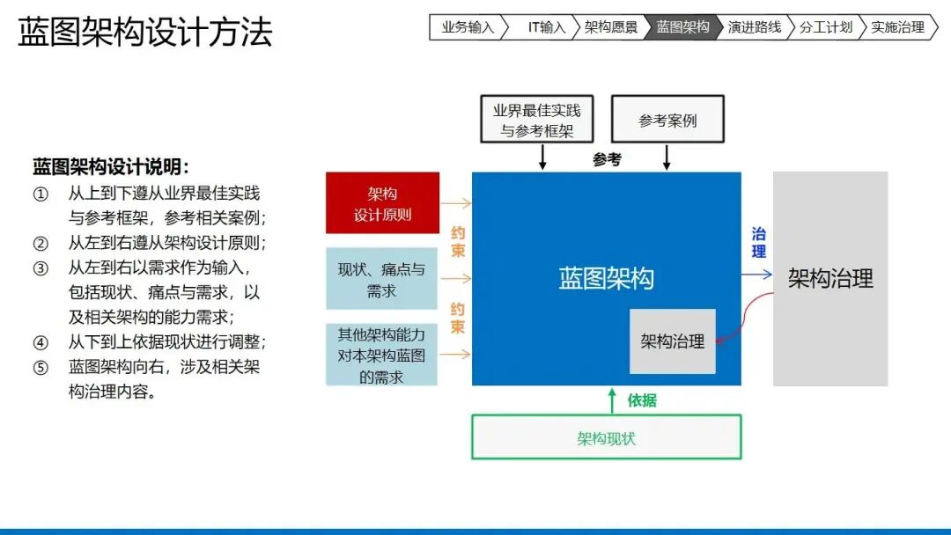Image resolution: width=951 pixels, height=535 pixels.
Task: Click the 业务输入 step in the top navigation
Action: tap(468, 27)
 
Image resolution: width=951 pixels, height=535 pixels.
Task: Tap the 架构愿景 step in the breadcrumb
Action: tap(611, 27)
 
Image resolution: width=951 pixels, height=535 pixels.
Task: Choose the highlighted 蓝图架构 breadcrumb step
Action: tap(682, 27)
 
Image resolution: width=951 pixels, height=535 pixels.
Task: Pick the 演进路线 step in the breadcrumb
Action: tap(754, 27)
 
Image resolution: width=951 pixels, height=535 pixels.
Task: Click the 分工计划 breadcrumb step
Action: tap(825, 27)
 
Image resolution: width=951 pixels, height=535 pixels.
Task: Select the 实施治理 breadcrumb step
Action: tap(897, 27)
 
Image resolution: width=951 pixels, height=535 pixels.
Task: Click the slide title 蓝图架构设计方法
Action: tap(145, 32)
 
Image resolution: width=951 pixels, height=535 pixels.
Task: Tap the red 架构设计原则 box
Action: tap(383, 203)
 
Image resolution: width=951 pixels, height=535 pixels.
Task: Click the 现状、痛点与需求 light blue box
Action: tap(381, 279)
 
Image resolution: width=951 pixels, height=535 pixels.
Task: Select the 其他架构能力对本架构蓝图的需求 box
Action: tap(381, 355)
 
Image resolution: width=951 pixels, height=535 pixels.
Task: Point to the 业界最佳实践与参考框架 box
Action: tap(537, 120)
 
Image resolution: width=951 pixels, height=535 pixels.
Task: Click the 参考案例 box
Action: tap(667, 120)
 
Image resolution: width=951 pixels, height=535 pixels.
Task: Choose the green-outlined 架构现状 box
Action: tap(607, 436)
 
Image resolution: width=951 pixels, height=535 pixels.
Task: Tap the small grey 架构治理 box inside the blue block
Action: tap(673, 341)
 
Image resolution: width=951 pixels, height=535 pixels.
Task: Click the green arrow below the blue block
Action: tap(612, 401)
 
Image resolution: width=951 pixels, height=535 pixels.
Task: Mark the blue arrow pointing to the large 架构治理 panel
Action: tap(757, 275)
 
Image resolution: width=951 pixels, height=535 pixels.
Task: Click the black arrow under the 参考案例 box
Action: tap(667, 157)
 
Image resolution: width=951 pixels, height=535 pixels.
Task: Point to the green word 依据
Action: tap(642, 400)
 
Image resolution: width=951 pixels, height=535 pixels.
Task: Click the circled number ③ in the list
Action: tap(41, 267)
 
